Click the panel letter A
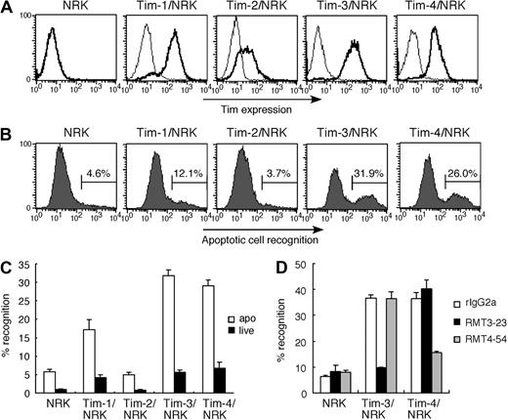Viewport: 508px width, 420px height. [8, 9]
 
